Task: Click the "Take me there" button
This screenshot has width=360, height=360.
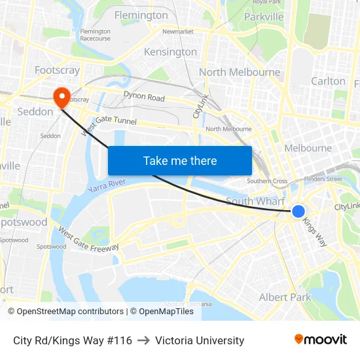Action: tap(180, 160)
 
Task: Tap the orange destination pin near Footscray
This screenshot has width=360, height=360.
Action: tap(63, 98)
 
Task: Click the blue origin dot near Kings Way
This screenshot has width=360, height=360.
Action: tap(298, 211)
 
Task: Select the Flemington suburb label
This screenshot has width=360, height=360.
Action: tap(141, 15)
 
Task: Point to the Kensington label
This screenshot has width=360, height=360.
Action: tap(170, 52)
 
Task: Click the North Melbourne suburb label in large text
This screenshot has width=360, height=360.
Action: tap(240, 72)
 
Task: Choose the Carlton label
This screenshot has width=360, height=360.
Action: tap(328, 81)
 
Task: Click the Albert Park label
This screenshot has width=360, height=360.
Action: tap(285, 297)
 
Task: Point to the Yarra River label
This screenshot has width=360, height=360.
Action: tap(106, 186)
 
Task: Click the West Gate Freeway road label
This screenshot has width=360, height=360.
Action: tap(88, 239)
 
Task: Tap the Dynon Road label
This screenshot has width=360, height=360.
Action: tap(144, 97)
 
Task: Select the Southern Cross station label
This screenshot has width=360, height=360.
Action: tap(267, 181)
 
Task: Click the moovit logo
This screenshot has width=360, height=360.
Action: tap(320, 340)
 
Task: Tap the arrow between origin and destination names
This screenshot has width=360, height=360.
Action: tap(143, 340)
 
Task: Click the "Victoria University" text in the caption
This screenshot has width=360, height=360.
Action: tap(200, 340)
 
